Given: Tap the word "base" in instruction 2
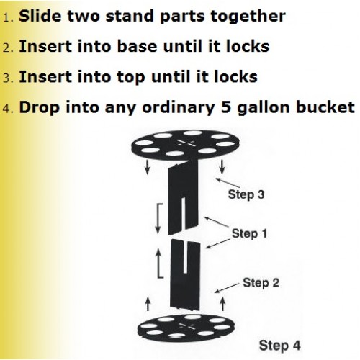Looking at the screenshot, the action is tap(137, 46).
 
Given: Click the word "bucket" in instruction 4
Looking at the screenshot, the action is tap(325, 107).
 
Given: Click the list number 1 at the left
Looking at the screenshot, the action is tap(9, 17).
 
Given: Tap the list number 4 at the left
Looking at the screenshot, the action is tap(9, 108).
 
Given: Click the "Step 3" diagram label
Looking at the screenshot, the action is tap(246, 194).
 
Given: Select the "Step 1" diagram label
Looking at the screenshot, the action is tap(249, 233).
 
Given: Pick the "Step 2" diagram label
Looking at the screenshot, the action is tap(261, 282).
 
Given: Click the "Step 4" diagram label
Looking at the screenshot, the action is tap(280, 346).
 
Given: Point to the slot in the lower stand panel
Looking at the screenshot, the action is tap(184, 257).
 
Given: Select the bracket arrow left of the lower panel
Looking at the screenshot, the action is tap(158, 264).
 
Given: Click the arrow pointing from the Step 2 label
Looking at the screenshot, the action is tap(227, 288).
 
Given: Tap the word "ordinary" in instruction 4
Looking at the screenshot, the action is tap(179, 108).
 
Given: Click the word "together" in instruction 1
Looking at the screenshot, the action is tap(248, 17).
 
